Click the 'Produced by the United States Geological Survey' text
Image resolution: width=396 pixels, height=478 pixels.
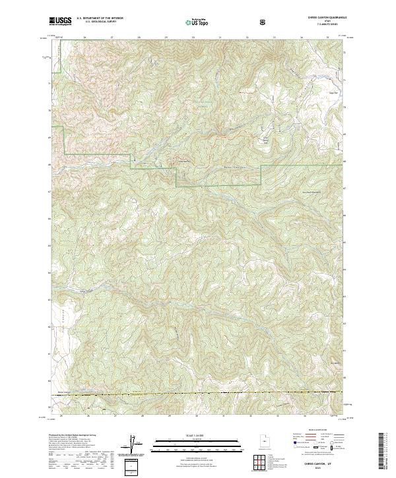71,436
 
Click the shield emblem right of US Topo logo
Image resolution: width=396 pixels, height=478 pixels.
226,22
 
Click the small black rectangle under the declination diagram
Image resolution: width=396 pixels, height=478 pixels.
132,467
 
